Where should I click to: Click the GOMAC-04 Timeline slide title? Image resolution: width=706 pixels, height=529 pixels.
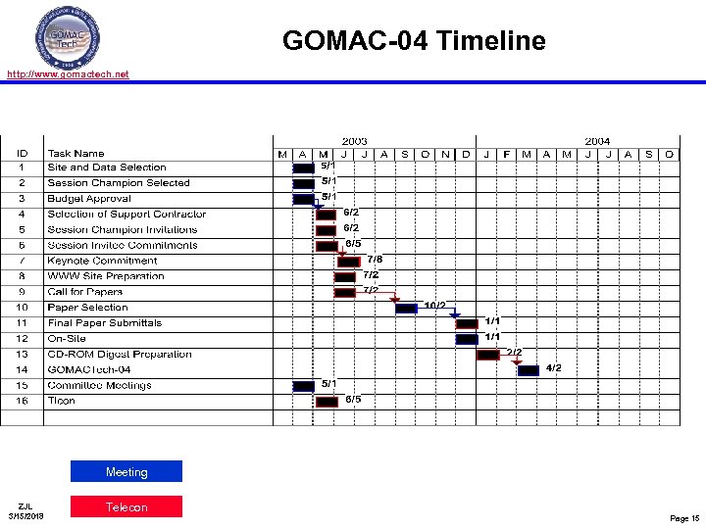pos(414,41)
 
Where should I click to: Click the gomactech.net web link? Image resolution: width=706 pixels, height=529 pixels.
pos(68,73)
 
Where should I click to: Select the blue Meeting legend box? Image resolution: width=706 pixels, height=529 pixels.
pos(126,472)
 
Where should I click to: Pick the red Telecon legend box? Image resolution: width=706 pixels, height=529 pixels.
pos(126,506)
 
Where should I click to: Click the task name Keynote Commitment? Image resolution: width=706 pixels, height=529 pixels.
pos(102,261)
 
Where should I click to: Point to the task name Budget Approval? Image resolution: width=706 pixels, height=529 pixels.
pos(89,198)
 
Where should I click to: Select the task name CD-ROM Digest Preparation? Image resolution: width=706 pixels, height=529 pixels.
pos(120,354)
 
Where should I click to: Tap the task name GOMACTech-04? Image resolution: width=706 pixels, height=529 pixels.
pos(89,369)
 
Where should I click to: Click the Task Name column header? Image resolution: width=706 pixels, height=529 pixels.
pos(76,153)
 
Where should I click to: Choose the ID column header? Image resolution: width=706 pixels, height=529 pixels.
pos(22,153)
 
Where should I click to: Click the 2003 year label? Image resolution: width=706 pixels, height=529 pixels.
pos(355,142)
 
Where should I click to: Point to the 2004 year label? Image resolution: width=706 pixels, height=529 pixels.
pos(597,142)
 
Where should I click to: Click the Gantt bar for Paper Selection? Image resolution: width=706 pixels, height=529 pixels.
pos(406,308)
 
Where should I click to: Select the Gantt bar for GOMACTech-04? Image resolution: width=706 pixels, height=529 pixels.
pos(529,370)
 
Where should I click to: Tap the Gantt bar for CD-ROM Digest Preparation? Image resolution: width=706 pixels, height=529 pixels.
pos(488,355)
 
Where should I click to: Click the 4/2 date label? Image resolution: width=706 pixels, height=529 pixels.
pos(554,367)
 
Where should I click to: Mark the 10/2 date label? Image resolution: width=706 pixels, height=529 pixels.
pos(434,306)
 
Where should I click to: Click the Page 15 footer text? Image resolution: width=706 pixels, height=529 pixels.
pos(684,517)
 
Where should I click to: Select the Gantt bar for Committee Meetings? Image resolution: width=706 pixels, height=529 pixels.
pos(304,386)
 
